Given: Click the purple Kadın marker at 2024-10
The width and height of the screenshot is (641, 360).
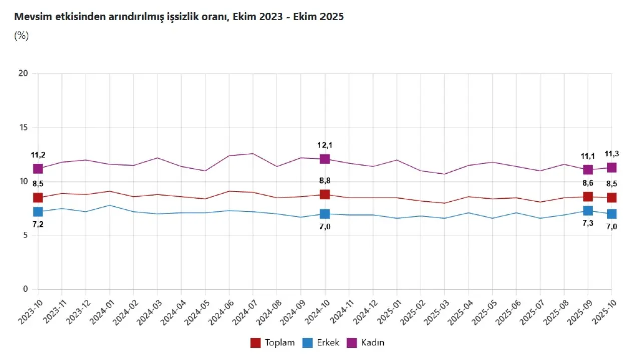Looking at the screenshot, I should point(325,159).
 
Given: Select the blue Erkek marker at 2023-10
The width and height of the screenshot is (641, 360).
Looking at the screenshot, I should point(38,212).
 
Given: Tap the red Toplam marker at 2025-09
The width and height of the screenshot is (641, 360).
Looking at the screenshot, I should point(588,197).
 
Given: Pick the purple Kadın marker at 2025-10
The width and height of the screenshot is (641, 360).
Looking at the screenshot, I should point(612,167).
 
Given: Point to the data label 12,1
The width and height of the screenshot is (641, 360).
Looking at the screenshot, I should point(325,145).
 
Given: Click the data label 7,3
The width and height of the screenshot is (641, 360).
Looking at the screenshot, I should point(588,224).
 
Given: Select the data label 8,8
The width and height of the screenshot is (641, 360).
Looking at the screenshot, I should point(325,181).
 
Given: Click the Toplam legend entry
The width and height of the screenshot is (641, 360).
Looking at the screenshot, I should point(273,343).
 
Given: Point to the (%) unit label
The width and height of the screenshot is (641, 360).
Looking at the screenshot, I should point(22,36).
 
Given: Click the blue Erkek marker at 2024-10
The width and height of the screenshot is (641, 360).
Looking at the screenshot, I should point(325,214).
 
